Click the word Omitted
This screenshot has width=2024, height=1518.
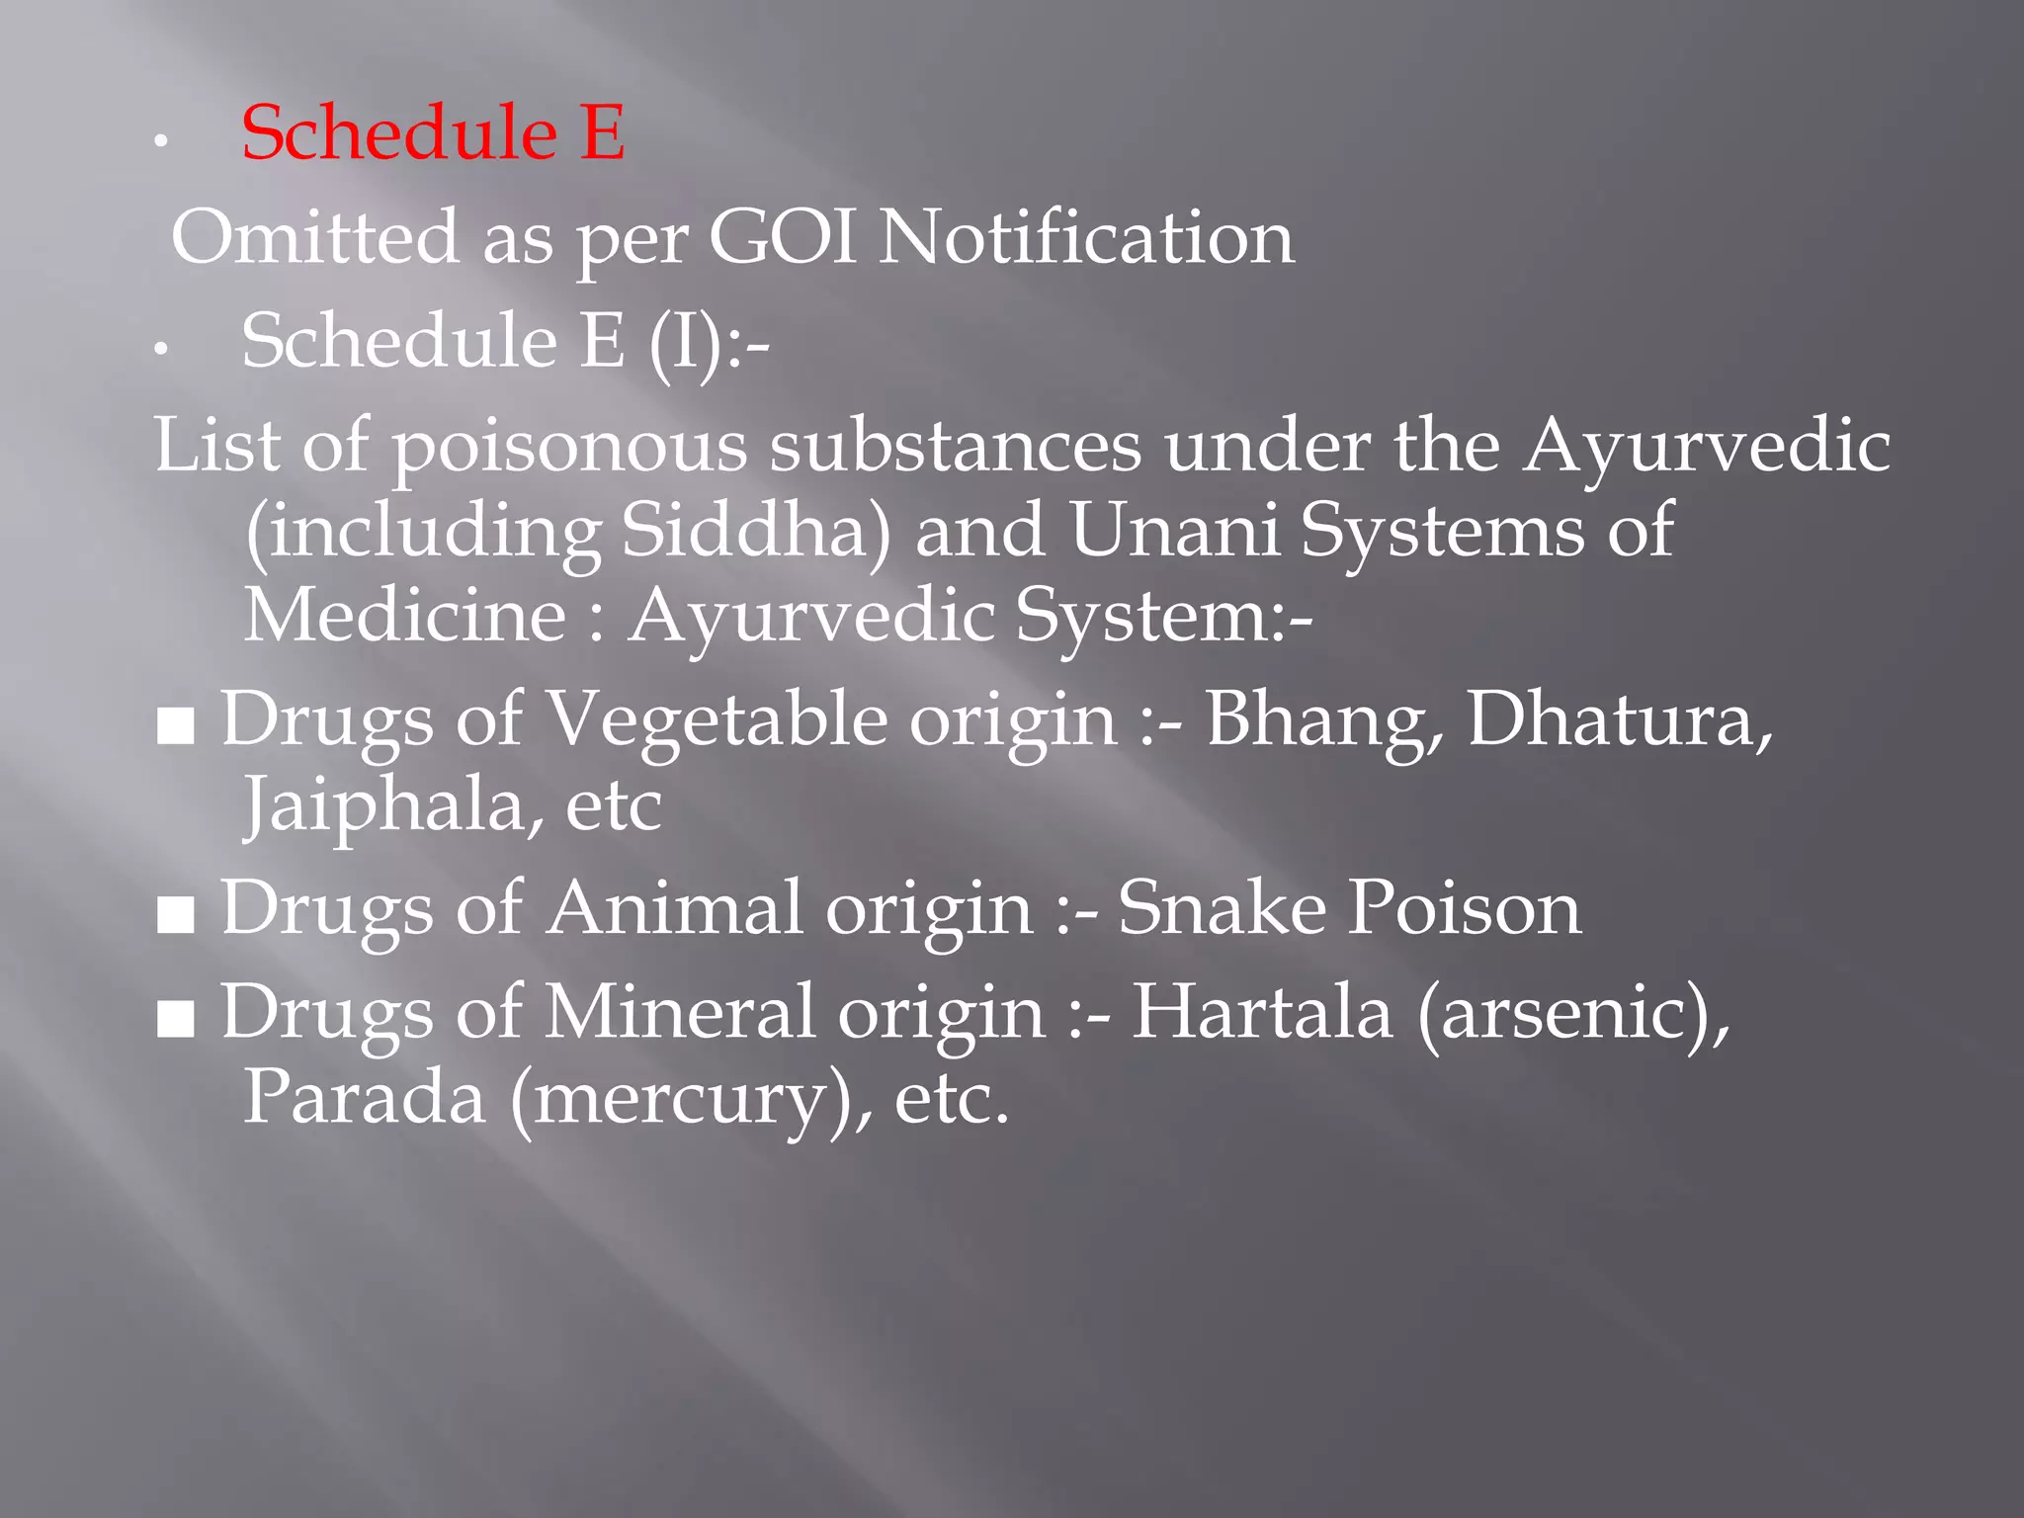click(x=315, y=238)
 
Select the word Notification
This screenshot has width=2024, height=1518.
click(x=1086, y=238)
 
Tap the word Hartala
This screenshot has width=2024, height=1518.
click(x=1262, y=1013)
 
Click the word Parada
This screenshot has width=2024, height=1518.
click(x=365, y=1098)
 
